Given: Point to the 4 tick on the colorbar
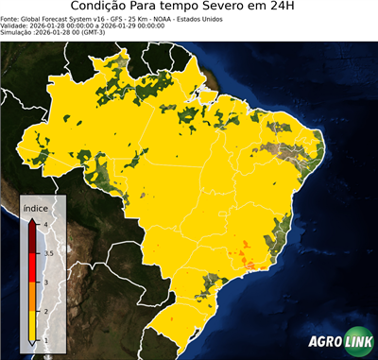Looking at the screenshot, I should click(x=43, y=224).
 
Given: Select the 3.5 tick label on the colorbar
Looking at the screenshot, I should click(x=46, y=253).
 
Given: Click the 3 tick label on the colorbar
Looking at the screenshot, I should click(x=43, y=283).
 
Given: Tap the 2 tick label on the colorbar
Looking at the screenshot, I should click(x=43, y=311).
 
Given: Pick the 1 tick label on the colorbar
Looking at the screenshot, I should click(x=43, y=340).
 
